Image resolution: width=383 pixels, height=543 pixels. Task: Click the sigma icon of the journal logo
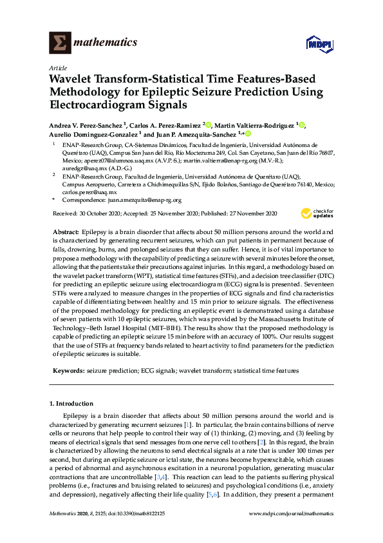(60, 43)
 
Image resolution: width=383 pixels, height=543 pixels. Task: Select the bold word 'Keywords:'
(68, 371)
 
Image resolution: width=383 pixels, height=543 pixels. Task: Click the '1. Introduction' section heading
(73, 403)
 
